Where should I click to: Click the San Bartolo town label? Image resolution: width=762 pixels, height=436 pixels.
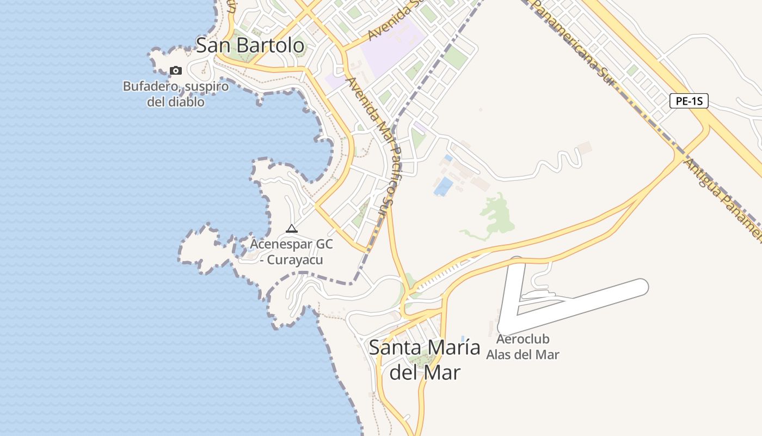[x=250, y=45]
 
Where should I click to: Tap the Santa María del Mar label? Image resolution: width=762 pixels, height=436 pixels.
[x=425, y=360]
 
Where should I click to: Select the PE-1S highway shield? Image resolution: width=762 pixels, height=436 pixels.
[x=689, y=101]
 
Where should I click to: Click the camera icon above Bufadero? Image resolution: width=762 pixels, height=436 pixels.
[x=175, y=70]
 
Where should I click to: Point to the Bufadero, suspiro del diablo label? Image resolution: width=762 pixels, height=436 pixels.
[x=175, y=94]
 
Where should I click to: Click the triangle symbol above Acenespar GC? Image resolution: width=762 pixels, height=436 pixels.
[x=292, y=228]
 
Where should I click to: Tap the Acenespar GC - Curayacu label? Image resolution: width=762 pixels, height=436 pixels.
[x=291, y=252]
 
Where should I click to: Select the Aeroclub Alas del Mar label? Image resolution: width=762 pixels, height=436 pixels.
[x=523, y=347]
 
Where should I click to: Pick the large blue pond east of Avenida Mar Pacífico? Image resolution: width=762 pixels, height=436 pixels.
[x=444, y=186]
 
